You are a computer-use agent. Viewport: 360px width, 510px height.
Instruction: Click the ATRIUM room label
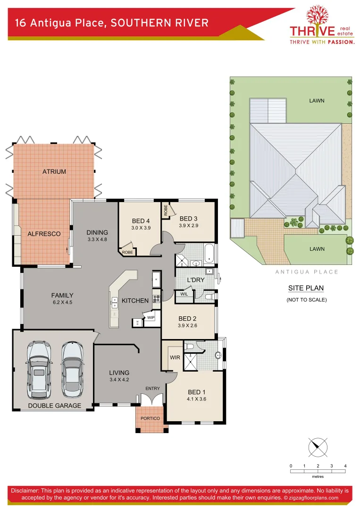point(54,171)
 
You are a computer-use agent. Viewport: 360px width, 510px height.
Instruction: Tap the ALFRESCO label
point(44,234)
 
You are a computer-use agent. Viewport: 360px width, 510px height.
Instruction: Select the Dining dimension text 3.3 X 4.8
point(98,239)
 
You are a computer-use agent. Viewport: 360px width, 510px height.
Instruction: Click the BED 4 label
point(141,221)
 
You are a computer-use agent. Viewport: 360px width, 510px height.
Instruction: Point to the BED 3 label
point(188,219)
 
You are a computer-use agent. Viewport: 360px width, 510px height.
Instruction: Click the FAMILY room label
point(62,296)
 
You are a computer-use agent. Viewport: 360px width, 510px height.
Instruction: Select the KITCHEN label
point(135,300)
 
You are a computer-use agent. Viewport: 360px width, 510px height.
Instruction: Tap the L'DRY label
point(196,280)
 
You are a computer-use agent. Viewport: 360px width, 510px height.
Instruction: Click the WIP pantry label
point(151,318)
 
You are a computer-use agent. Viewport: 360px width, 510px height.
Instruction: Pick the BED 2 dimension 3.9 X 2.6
point(188,325)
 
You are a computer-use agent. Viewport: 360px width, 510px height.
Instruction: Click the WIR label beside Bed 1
point(175,358)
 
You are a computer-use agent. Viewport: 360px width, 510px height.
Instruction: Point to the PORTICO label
point(150,418)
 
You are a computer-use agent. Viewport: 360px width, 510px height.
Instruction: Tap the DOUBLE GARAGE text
point(54,406)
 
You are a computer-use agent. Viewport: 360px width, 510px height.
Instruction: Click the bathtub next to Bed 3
point(210,254)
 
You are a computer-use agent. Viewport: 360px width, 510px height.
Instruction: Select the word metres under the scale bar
point(318,477)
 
